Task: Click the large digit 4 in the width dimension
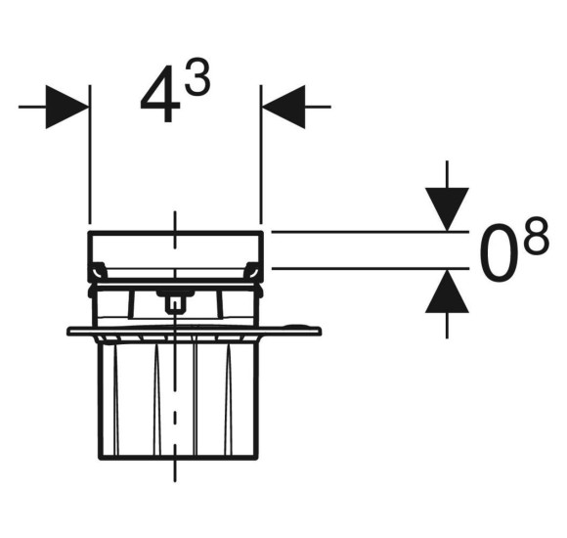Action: click(160, 94)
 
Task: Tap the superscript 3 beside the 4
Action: click(197, 76)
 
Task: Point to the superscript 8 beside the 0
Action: click(537, 236)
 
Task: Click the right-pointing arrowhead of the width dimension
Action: click(67, 107)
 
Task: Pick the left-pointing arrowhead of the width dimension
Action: click(283, 107)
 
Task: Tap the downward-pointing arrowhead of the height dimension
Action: click(447, 209)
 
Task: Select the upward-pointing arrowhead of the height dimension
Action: click(447, 291)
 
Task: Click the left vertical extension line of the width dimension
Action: click(90, 155)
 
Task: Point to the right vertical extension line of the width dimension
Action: click(261, 155)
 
